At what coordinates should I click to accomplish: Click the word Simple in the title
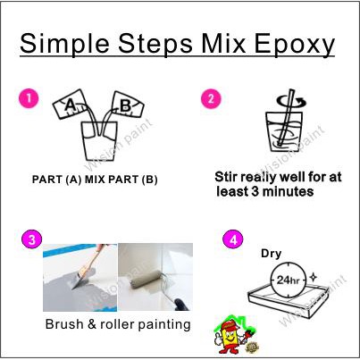pos(64,45)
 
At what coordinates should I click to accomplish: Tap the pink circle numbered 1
pos(29,98)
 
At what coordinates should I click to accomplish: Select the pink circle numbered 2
pos(211,99)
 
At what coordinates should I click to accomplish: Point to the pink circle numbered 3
pos(32,239)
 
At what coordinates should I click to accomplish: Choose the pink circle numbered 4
pos(233,239)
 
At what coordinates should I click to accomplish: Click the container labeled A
pos(70,105)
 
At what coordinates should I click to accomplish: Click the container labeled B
pos(127,105)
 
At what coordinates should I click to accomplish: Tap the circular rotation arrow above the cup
pos(292,102)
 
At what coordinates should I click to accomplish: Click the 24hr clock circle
pos(288,280)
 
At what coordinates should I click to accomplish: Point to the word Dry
pos(271,254)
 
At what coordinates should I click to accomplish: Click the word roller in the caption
pos(118,324)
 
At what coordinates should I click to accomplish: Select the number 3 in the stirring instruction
pos(255,191)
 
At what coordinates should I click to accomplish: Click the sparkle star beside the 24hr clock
pos(313,278)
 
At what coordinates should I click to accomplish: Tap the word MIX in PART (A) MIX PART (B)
pos(95,180)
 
